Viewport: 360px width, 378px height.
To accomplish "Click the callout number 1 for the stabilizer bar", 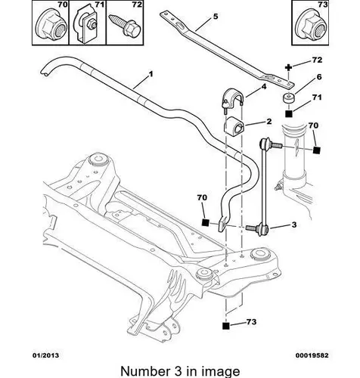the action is tap(151, 74).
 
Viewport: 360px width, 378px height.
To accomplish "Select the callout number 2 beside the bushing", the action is tap(269, 122).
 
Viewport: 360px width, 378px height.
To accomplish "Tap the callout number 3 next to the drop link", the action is tap(294, 225).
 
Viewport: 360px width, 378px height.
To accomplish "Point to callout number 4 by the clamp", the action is tap(264, 87).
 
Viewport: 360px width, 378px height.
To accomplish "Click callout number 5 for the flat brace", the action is tap(216, 17).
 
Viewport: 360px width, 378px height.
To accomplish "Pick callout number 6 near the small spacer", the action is tap(319, 77).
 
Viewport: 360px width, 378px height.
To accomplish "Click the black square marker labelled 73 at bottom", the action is tap(226, 326).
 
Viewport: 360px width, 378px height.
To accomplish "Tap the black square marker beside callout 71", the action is tap(289, 114).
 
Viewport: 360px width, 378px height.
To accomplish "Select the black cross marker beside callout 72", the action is tap(288, 67).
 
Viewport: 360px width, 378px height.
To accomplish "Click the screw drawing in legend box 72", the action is tap(125, 26).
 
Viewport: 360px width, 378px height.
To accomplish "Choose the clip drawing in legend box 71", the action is tap(85, 25).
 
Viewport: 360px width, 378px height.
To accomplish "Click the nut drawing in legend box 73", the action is tap(311, 26).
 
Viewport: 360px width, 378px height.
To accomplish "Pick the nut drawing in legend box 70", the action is tap(51, 26).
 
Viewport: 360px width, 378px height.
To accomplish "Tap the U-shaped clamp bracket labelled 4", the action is tap(232, 99).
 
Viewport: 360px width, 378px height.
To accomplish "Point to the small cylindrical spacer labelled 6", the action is tap(288, 98).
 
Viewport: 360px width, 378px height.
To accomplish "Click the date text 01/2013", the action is tap(45, 355).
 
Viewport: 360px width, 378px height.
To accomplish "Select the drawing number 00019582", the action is tap(312, 355).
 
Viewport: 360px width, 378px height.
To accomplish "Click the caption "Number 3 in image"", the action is tap(180, 371).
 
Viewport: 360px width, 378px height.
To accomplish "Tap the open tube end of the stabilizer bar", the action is tap(46, 73).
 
